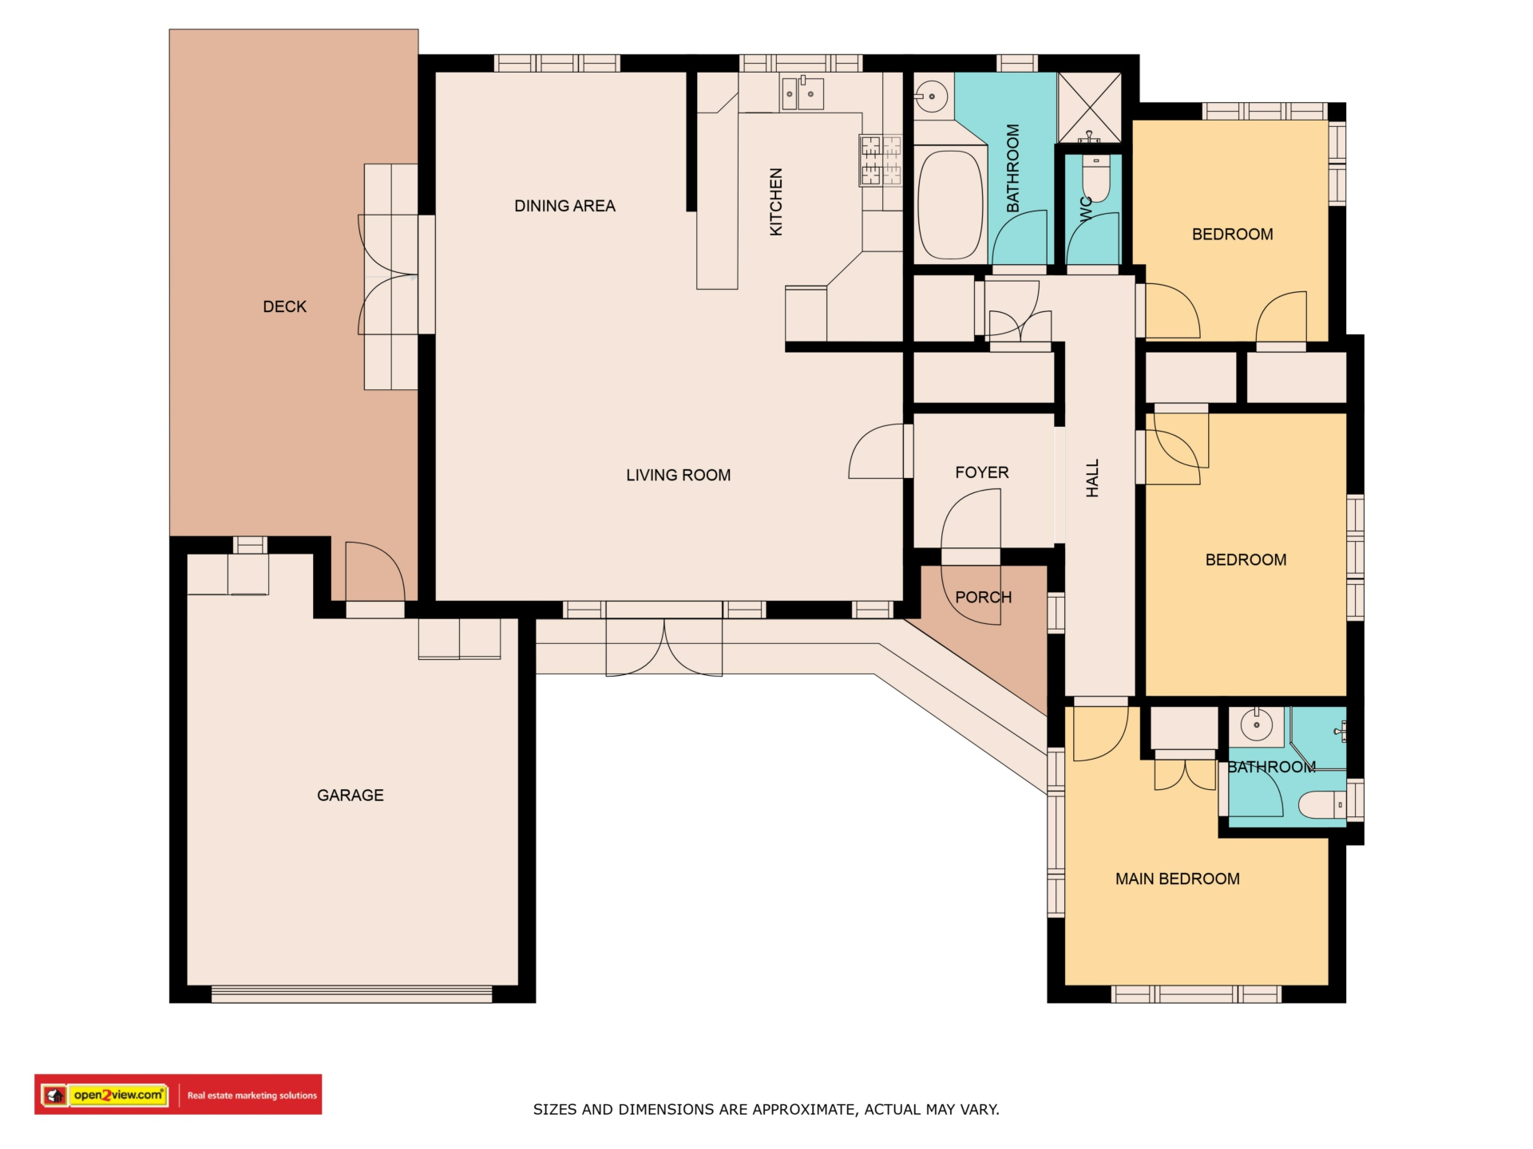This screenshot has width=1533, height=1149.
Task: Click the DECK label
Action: (285, 306)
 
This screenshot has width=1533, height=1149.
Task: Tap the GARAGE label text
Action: (351, 795)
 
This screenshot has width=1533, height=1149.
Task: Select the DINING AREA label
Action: (564, 206)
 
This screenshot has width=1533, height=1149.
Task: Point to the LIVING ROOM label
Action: (679, 475)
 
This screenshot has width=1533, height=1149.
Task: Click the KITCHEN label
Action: (776, 202)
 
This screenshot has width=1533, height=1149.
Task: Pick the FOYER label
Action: (982, 472)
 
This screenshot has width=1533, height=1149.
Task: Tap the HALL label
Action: (1093, 478)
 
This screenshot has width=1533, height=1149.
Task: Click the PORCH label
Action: (984, 597)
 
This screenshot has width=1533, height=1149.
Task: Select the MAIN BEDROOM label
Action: (1178, 879)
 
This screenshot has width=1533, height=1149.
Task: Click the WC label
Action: (1085, 208)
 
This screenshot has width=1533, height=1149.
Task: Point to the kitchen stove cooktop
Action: (881, 160)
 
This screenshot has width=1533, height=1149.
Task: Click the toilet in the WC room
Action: (1097, 180)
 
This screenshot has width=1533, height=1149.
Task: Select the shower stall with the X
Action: (1090, 108)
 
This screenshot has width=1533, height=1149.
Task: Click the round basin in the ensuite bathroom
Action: (1257, 725)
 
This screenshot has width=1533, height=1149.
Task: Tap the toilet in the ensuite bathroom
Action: (1322, 804)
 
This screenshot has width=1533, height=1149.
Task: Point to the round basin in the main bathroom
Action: (931, 97)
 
